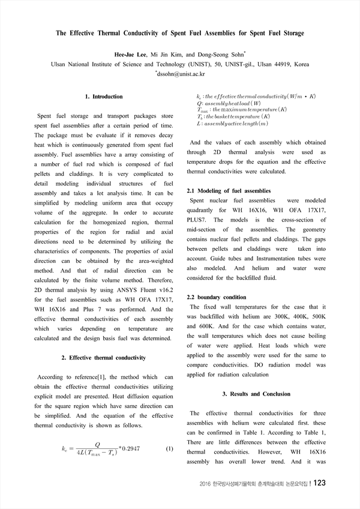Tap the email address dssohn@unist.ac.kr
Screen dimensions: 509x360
[181, 74]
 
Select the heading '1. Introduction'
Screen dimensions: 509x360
[104, 96]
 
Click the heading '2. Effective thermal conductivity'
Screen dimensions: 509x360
[104, 358]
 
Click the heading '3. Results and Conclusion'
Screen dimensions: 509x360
[256, 394]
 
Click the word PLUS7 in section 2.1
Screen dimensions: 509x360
[199, 220]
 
